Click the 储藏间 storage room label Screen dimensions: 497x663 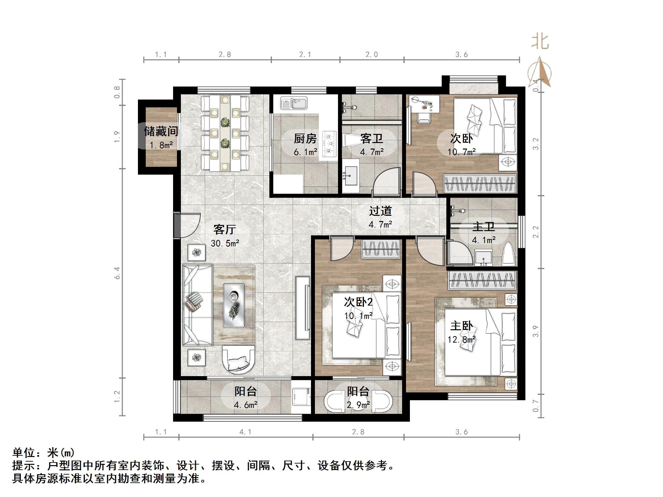(161, 132)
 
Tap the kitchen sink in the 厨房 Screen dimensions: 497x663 (294, 104)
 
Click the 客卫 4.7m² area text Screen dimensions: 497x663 (372, 152)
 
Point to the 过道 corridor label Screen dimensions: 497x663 (380, 211)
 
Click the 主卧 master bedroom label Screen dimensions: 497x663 (461, 326)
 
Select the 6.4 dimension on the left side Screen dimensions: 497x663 (117, 273)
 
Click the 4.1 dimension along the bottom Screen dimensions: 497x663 (245, 432)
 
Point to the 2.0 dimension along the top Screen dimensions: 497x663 (372, 55)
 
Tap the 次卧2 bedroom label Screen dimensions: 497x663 (358, 302)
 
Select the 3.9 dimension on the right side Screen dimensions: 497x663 (536, 331)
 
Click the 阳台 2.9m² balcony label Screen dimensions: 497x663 (358, 391)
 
